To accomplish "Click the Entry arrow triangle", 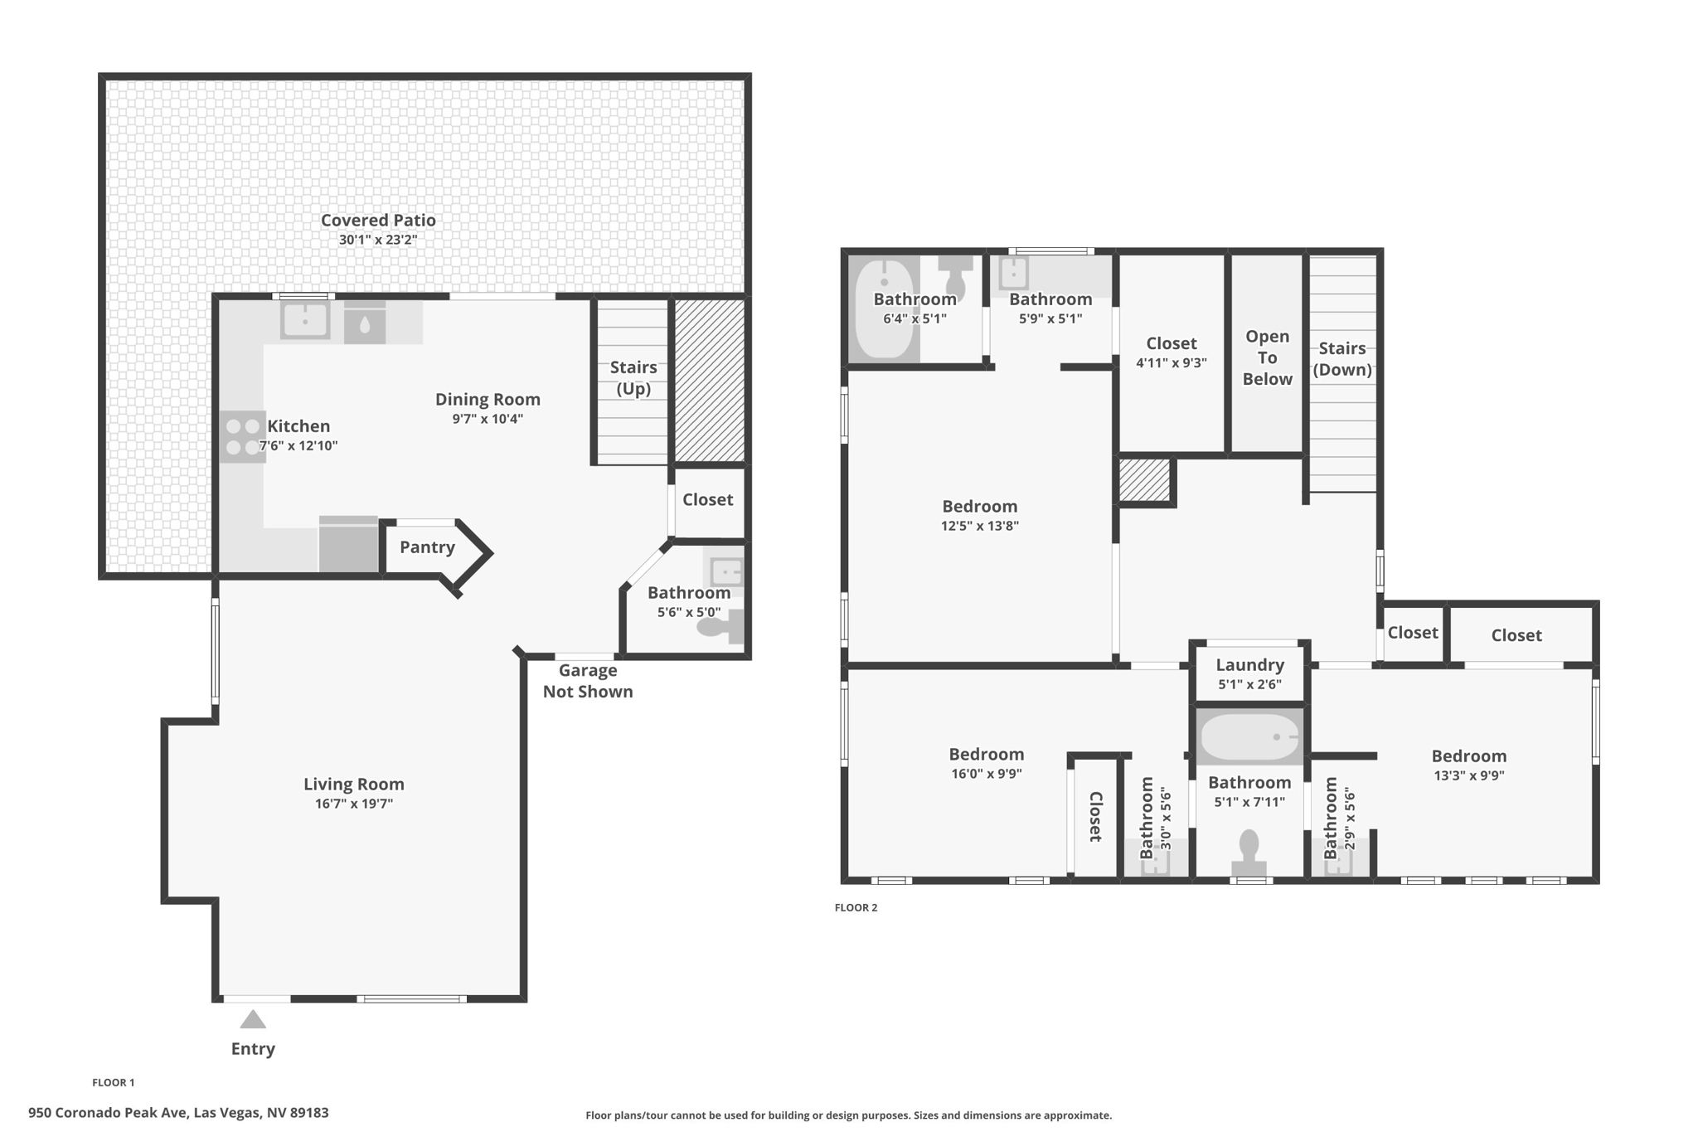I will pos(253,1019).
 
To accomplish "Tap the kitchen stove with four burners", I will pos(243,437).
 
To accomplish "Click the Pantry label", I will pos(427,547).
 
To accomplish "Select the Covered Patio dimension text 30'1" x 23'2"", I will pos(378,240).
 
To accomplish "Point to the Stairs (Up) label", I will pos(633,378).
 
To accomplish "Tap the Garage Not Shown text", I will pos(588,681).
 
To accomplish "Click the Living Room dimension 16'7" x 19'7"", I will pos(353,804).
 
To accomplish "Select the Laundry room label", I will pos(1249,665).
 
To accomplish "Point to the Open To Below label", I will pos(1267,357).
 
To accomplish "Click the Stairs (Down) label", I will pos(1341,359).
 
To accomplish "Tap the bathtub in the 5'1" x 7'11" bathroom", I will pos(1249,737).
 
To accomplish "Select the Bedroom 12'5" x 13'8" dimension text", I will pos(979,526).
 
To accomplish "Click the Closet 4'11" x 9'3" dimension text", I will pos(1171,362).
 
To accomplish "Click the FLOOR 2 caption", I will pos(856,907).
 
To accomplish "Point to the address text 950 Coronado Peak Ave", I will pos(178,1113).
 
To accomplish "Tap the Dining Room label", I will pos(488,400).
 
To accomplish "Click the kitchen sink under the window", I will pos(305,319).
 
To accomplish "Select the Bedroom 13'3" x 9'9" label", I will pos(1468,756).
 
